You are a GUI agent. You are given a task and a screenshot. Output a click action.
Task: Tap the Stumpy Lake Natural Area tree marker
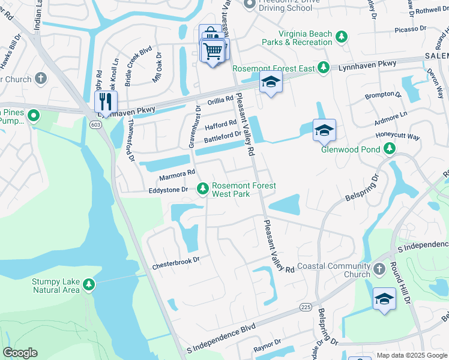pyautogui.click(x=89, y=283)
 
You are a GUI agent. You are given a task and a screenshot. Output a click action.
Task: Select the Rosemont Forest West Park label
pyautogui.click(x=244, y=190)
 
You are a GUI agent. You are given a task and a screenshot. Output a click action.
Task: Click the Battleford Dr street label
pyautogui.click(x=222, y=138)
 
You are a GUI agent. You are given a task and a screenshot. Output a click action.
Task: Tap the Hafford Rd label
pyautogui.click(x=221, y=125)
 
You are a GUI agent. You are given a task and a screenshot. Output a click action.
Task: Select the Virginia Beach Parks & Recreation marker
pyautogui.click(x=342, y=37)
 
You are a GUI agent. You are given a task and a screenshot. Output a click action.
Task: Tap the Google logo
pyautogui.click(x=20, y=353)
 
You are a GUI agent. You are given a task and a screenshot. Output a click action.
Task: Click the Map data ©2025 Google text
pyautogui.click(x=411, y=355)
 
